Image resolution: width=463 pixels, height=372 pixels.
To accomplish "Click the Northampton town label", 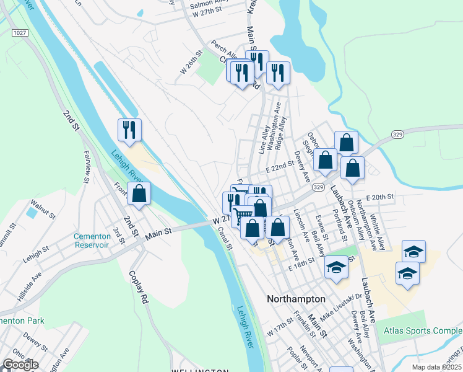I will (296, 299).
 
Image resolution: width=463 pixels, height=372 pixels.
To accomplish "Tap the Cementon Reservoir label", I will (91, 240).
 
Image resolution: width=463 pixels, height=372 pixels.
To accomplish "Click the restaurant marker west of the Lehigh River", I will (129, 130).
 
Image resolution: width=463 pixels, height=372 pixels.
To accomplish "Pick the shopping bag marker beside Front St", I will (139, 193).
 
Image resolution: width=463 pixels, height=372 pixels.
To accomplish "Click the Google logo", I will (20, 365).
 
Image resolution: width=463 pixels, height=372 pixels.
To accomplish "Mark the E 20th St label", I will (379, 197).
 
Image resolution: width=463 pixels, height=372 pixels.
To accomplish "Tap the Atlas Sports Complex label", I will (423, 331).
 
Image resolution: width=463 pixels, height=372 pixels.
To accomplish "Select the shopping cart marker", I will (243, 216).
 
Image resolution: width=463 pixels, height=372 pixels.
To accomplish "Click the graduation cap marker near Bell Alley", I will (336, 267).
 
